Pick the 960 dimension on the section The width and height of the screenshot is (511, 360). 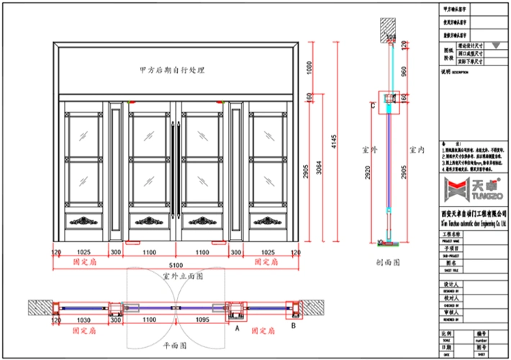click(404, 71)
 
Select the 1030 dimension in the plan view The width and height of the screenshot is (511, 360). click(83, 319)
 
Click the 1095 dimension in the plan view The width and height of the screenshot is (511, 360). click(202, 319)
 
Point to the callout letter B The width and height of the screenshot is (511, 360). click(294, 325)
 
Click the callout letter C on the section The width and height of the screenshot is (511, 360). click(372, 106)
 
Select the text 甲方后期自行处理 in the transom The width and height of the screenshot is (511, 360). click(173, 71)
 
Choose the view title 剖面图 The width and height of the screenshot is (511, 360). click(389, 264)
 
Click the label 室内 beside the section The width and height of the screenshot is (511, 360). click(417, 150)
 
